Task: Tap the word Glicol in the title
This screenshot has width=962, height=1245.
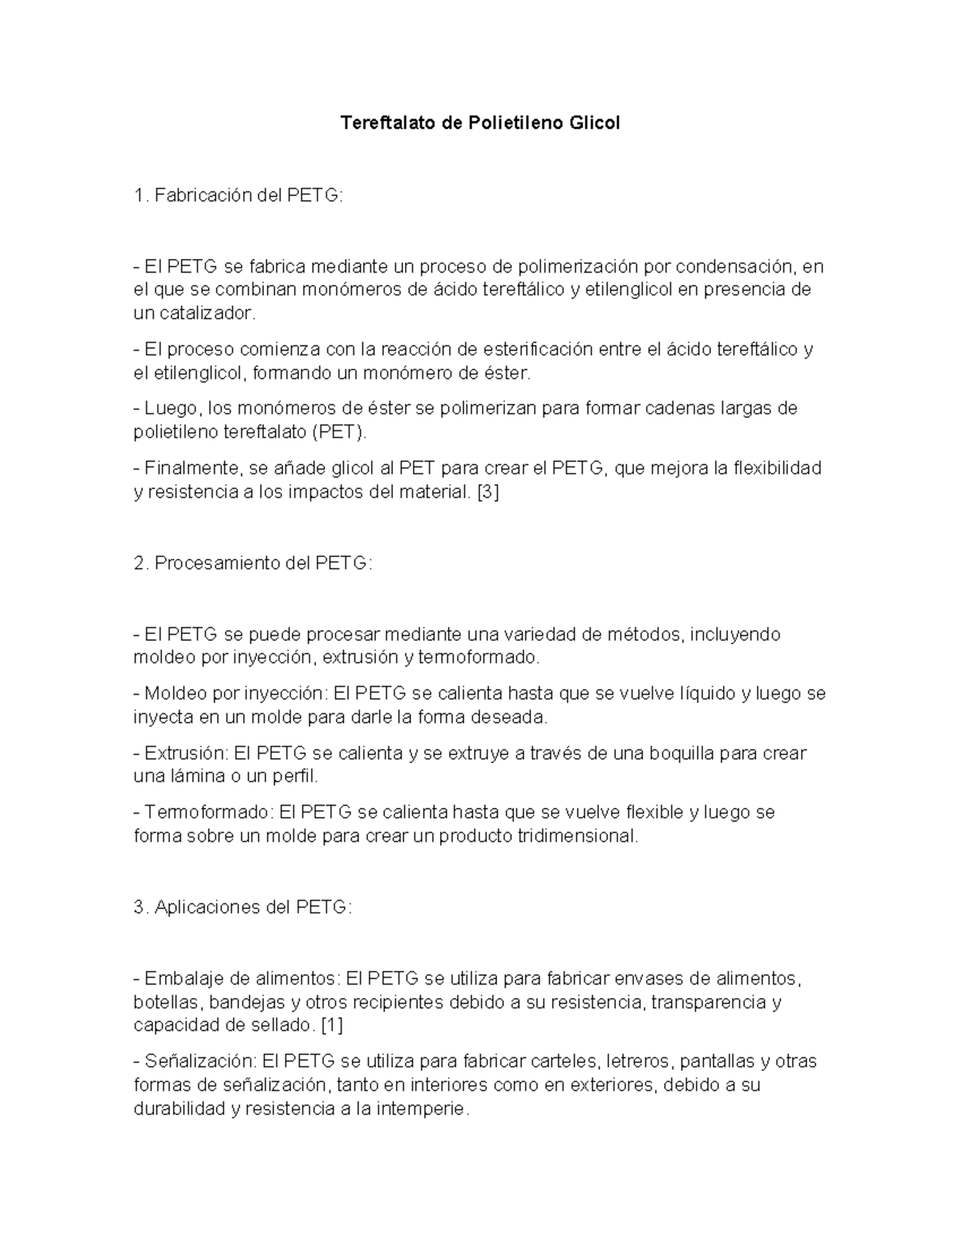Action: point(594,123)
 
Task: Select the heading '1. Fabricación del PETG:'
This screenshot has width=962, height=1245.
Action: point(238,196)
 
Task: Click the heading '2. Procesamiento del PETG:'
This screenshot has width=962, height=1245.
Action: point(253,563)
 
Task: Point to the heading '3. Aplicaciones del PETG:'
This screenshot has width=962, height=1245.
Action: point(243,907)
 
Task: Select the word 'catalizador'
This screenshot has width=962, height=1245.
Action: point(206,313)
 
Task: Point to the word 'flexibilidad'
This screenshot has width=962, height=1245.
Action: point(778,468)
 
